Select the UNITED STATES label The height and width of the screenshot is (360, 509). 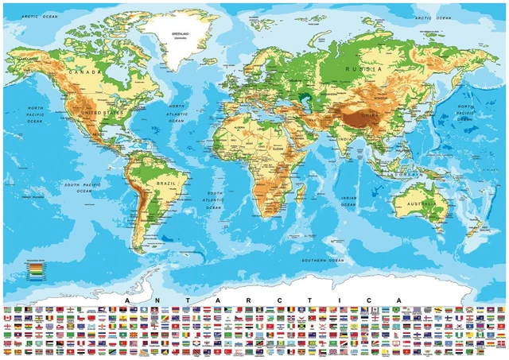click(99, 114)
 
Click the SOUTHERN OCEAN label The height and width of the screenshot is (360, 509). click(323, 260)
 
